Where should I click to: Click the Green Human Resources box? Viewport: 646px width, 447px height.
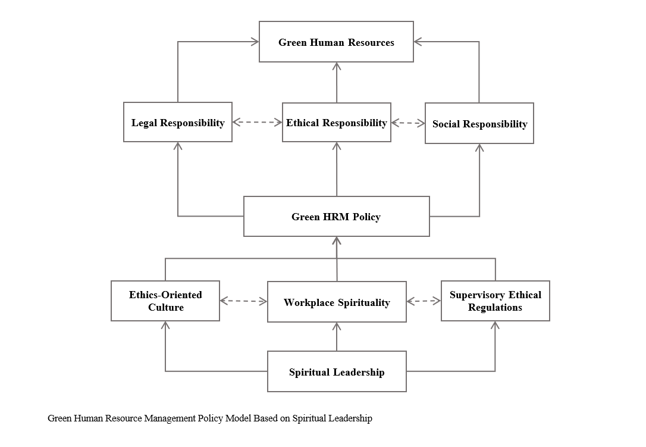pos(336,42)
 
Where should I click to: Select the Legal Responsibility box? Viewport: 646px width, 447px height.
pos(178,122)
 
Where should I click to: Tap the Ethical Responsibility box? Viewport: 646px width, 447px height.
pos(337,123)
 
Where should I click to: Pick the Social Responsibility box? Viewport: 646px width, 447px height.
pos(479,123)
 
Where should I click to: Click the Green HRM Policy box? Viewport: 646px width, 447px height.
pos(337,217)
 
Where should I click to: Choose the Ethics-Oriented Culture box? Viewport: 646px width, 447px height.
pos(165,301)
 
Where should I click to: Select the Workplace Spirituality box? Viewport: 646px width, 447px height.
pos(337,302)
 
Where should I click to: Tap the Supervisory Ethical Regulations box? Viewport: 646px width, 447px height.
pos(496,301)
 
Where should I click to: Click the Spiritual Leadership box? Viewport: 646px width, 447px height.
pos(337,371)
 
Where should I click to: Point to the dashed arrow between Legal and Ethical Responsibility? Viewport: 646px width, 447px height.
pos(257,122)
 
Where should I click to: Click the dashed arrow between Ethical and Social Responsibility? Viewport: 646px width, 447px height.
pos(408,123)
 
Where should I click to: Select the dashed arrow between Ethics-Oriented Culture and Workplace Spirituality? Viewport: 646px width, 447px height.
pos(243,301)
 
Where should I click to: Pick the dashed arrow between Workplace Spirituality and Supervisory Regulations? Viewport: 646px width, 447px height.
pos(424,301)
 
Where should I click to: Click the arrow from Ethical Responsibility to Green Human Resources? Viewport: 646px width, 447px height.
pos(337,83)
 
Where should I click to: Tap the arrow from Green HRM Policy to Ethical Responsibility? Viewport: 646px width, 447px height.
pos(337,169)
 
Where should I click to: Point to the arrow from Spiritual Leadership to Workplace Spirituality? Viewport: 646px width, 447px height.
pos(337,336)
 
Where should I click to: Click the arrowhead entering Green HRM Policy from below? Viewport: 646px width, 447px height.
pos(337,241)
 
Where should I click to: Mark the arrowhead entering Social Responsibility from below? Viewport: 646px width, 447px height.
pos(479,148)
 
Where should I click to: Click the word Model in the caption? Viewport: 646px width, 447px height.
pos(239,418)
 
